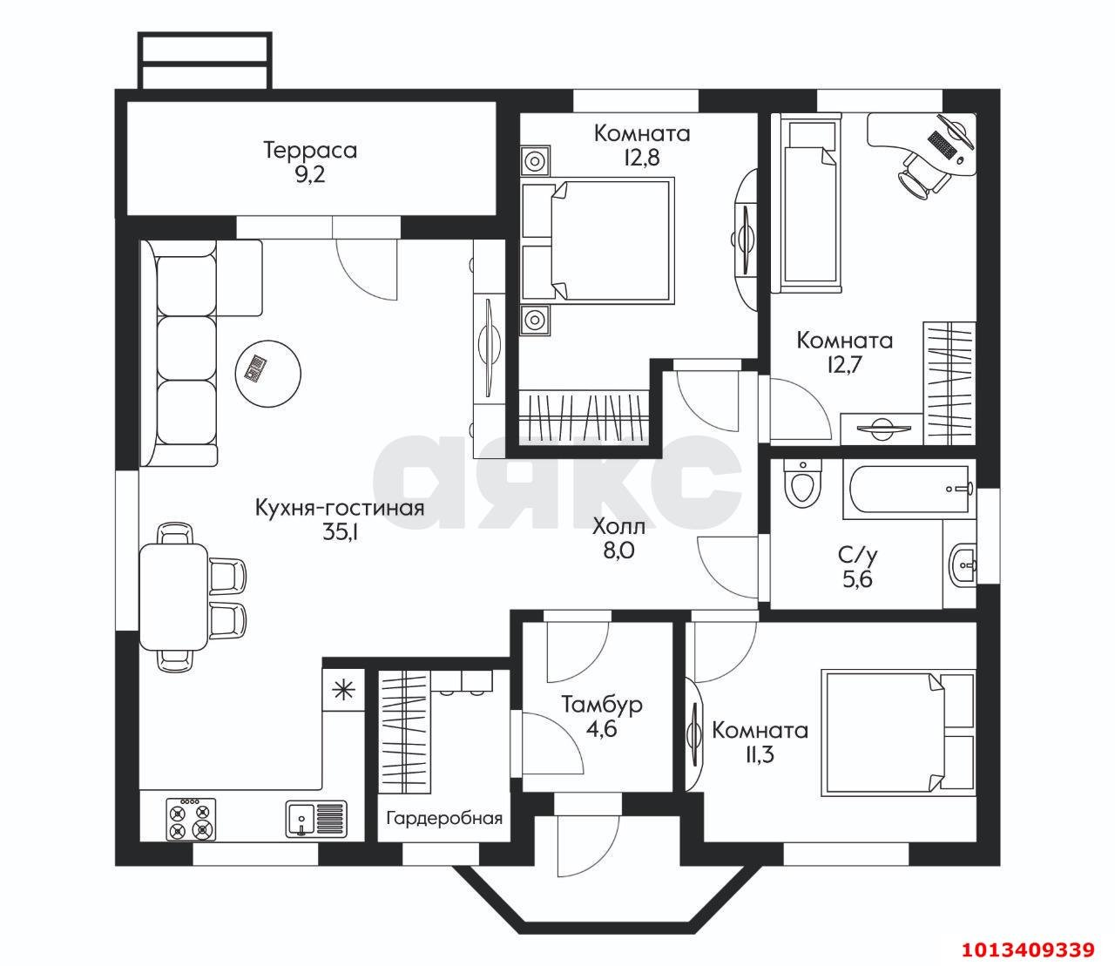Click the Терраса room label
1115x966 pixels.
tap(310, 150)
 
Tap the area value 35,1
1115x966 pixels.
tap(341, 532)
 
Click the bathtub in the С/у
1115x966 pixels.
tap(909, 490)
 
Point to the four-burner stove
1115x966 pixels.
tap(191, 819)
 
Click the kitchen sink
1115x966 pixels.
tap(316, 818)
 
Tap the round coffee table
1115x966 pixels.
tap(268, 372)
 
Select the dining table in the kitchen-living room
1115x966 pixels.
tap(173, 597)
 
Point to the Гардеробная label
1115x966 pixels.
tap(444, 819)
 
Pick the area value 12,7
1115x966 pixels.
tap(845, 365)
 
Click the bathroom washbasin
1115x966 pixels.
tap(963, 566)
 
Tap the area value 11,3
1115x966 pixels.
tap(759, 754)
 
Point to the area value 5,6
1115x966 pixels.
tap(858, 578)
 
